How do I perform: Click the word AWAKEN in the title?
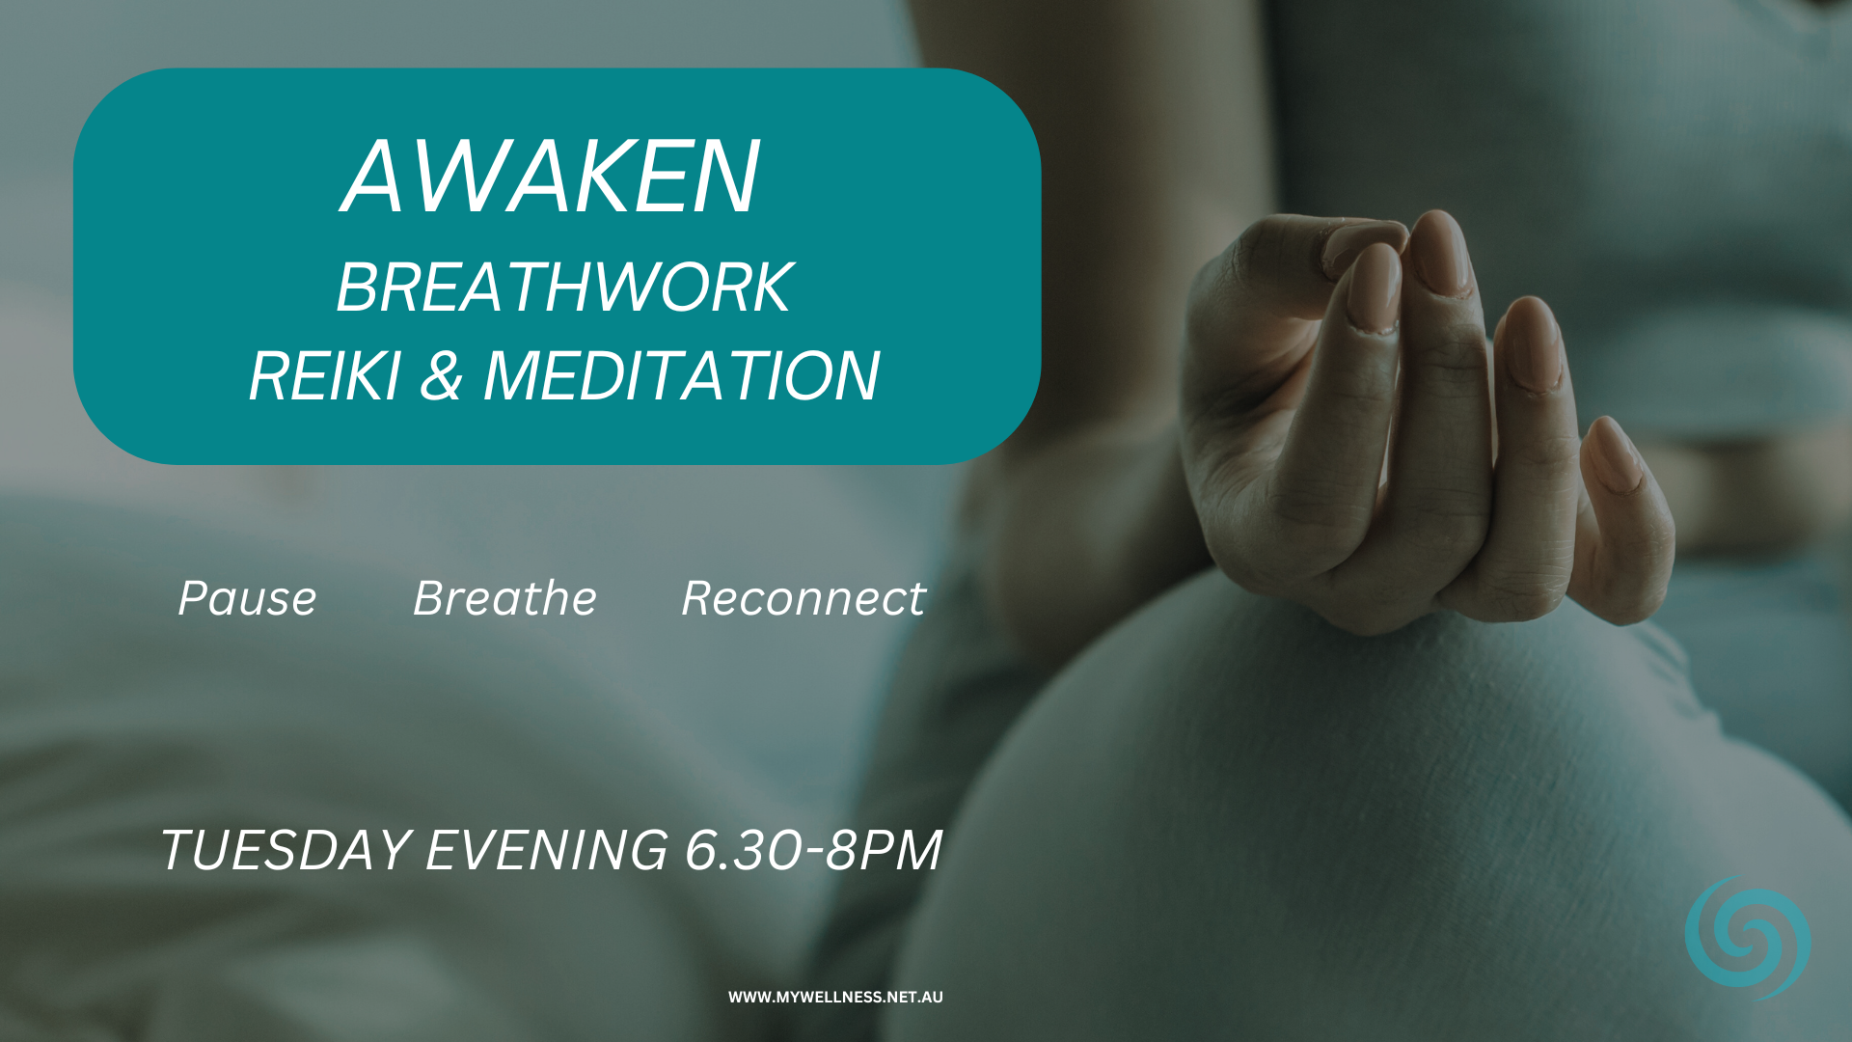point(551,177)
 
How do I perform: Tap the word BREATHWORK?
point(564,288)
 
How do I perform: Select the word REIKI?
point(324,375)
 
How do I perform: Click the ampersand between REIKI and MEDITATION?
point(441,375)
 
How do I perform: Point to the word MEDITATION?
point(681,375)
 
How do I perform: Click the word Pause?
point(247,598)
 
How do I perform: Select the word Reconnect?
point(803,598)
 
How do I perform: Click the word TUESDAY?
point(286,850)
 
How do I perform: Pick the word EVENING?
point(547,850)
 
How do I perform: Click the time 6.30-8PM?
point(813,850)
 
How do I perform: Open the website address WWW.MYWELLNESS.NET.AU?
point(835,998)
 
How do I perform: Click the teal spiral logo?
point(1747,938)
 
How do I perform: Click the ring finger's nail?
point(1532,343)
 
